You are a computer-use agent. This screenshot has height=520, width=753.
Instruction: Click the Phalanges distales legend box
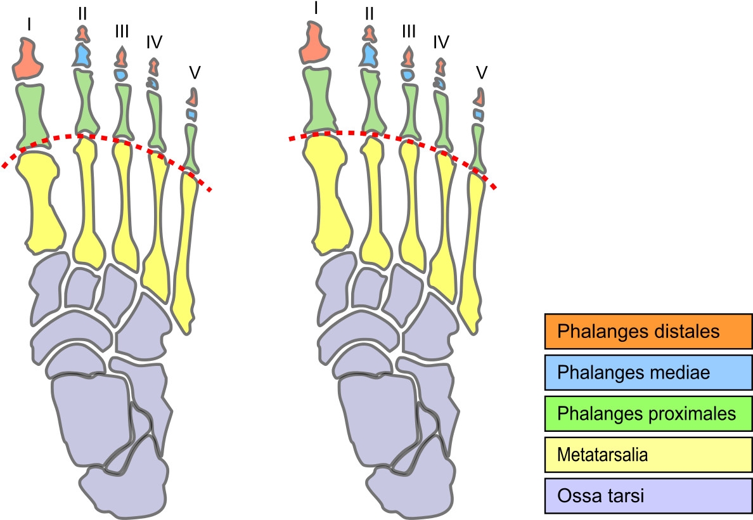648,331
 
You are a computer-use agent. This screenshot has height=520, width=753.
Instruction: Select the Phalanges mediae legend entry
648,372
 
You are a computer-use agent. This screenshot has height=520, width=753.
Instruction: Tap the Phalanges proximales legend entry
648,413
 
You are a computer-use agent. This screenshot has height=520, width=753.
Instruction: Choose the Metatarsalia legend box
648,455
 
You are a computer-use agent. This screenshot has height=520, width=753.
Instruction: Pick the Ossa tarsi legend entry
648,495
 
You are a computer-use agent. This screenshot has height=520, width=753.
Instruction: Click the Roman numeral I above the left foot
29,24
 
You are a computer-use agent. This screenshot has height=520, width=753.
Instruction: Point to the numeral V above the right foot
482,72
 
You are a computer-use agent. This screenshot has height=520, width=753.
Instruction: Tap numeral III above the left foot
122,32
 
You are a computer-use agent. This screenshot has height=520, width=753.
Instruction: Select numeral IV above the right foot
441,42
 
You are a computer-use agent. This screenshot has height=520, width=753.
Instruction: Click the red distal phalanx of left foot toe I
27,60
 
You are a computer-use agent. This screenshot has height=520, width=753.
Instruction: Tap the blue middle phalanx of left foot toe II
82,55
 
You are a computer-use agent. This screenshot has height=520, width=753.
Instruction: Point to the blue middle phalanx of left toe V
191,115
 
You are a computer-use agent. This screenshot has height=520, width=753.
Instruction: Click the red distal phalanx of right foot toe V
479,98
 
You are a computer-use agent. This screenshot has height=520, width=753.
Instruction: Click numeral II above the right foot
369,14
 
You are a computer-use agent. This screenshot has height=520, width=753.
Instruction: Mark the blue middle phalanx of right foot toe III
408,74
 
